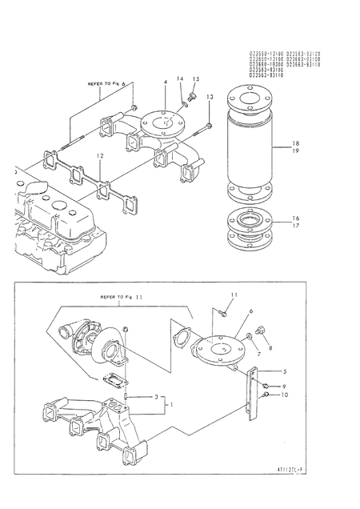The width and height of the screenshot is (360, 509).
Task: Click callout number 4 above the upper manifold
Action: click(x=165, y=82)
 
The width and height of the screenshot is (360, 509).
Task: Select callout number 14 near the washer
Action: click(x=179, y=79)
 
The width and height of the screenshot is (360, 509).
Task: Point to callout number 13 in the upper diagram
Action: click(x=210, y=97)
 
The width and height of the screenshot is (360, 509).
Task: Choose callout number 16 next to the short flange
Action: click(x=295, y=217)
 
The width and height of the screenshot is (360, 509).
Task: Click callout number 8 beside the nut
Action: click(x=269, y=348)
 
